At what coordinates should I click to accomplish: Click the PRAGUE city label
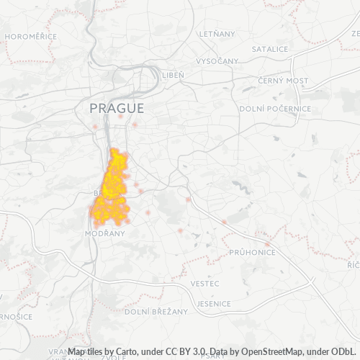pyautogui.click(x=117, y=108)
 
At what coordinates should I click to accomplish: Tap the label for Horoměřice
pyautogui.click(x=30, y=35)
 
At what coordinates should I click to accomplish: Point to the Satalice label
pyautogui.click(x=270, y=49)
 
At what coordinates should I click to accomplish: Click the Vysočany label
pyautogui.click(x=217, y=61)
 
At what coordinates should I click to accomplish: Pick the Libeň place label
pyautogui.click(x=173, y=75)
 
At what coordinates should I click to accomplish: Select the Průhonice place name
pyautogui.click(x=252, y=253)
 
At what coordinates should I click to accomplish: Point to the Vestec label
pyautogui.click(x=205, y=284)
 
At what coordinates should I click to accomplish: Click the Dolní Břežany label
pyautogui.click(x=156, y=312)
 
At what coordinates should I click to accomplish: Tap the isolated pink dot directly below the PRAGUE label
pyautogui.click(x=120, y=116)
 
